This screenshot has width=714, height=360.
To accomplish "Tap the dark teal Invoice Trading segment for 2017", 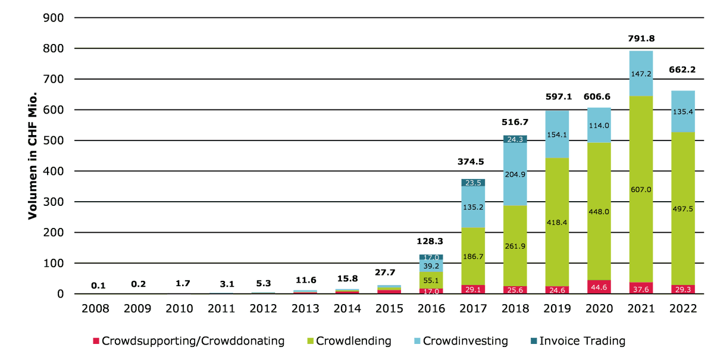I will click(x=473, y=183).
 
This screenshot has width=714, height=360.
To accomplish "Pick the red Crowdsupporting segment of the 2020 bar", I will click(x=598, y=287).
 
